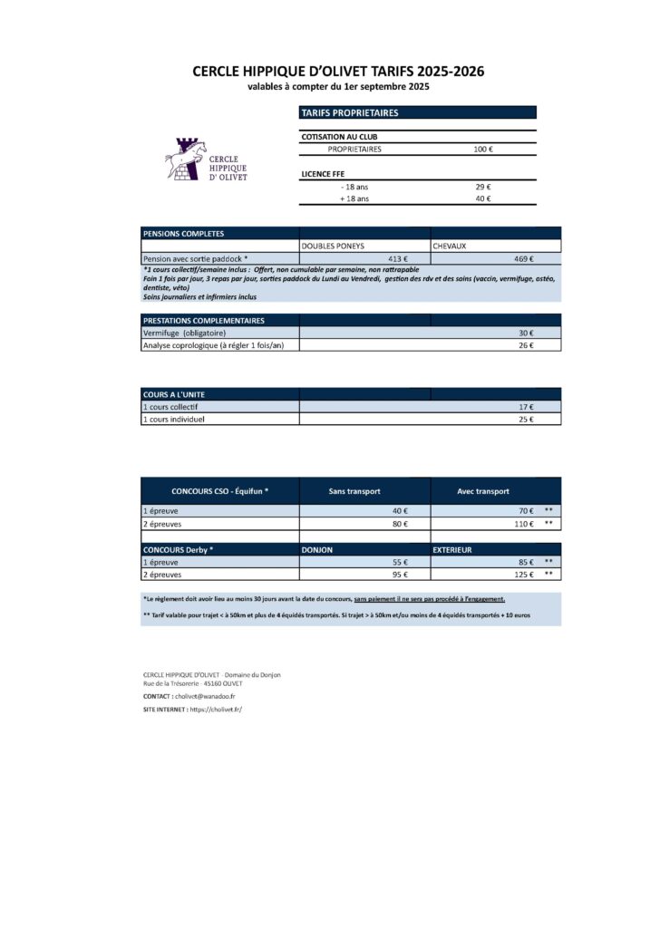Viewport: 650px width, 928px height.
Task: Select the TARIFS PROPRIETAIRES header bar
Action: point(417,113)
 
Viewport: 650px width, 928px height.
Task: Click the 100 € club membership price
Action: point(483,149)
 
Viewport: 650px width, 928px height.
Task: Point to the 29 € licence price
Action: point(483,186)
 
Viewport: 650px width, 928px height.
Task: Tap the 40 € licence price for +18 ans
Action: point(483,198)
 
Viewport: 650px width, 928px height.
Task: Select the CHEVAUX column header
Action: point(450,246)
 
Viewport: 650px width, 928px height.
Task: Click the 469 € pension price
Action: point(524,258)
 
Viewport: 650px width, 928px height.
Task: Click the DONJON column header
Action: point(317,549)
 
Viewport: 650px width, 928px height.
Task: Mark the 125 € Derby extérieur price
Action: point(523,575)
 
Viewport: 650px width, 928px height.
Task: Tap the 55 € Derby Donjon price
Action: point(399,562)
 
